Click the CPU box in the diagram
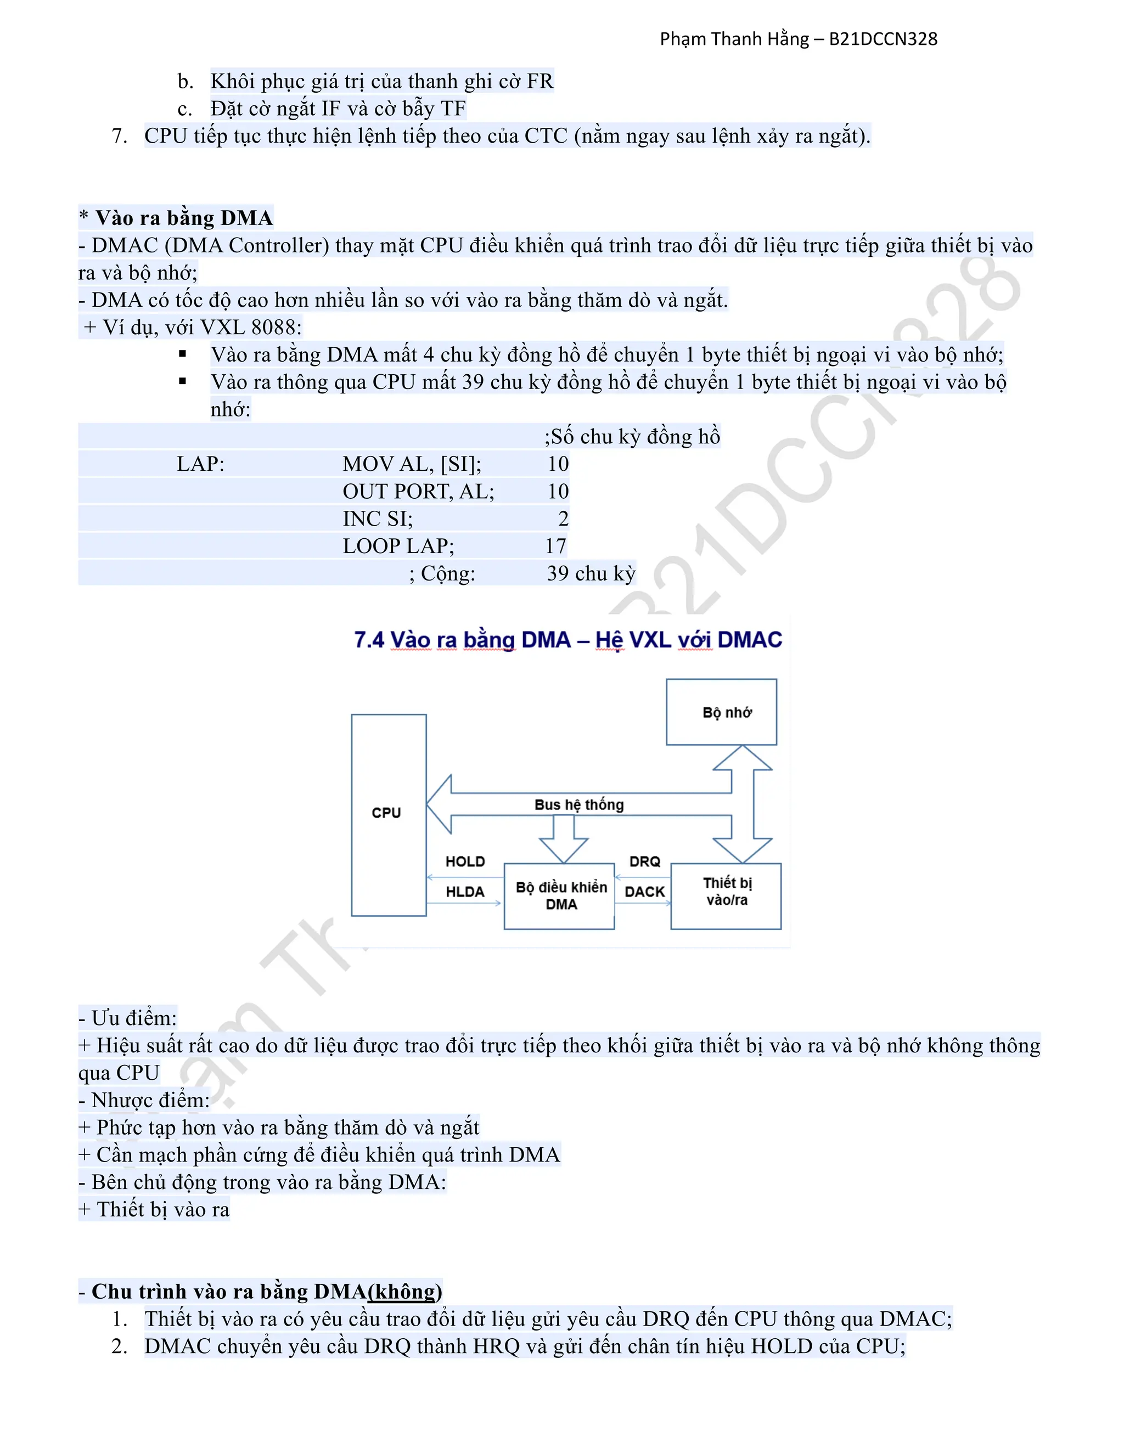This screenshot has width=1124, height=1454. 388,815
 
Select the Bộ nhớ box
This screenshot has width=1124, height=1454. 721,712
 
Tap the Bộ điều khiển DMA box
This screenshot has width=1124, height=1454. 559,896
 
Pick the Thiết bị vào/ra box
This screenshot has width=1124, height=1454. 726,895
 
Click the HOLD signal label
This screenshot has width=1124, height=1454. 465,861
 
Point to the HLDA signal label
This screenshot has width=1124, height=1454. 465,892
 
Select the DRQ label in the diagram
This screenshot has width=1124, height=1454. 644,861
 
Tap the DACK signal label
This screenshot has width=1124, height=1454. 644,892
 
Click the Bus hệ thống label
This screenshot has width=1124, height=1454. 578,805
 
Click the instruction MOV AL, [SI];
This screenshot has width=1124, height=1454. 412,464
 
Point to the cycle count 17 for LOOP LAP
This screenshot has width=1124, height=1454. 555,546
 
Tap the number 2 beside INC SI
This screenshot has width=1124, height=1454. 563,519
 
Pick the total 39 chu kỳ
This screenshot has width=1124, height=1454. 591,573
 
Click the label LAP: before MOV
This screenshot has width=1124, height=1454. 200,464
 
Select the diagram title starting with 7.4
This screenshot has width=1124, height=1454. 567,640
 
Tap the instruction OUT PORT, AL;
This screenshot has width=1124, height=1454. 418,491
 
